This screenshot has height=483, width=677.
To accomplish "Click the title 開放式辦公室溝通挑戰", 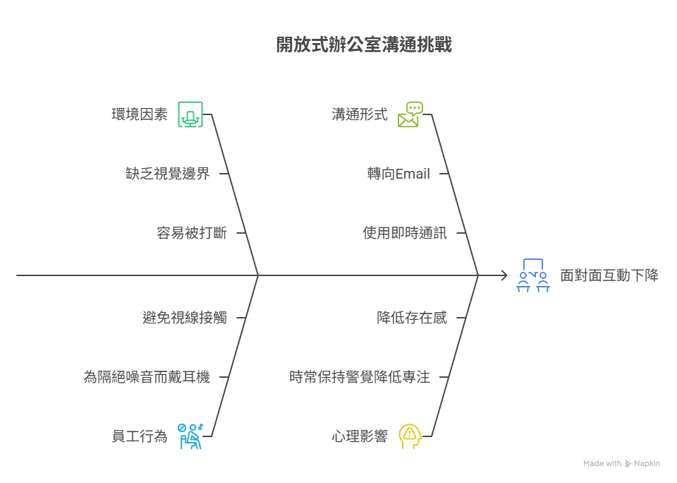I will (363, 45).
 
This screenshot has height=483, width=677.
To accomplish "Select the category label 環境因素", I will (140, 114).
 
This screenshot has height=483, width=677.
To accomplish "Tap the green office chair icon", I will (190, 114).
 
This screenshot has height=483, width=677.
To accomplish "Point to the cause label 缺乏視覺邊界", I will (167, 174).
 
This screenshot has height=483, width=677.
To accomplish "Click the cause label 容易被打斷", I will (191, 233).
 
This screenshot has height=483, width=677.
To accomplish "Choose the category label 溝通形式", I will (360, 114).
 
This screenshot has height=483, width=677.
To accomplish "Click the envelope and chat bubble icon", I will (410, 114).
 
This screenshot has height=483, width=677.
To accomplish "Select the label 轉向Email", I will (398, 174).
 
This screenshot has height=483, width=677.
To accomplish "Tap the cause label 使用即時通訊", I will (405, 233).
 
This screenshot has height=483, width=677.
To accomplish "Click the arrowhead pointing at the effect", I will (503, 275).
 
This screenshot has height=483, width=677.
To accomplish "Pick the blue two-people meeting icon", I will (533, 275).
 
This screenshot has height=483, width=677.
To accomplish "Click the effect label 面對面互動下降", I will (609, 275).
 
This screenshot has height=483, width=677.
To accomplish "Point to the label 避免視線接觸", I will (185, 318).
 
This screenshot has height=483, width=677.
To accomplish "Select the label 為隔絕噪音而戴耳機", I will (147, 377).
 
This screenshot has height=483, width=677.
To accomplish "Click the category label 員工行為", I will (140, 436).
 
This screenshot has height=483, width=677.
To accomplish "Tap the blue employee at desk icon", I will (190, 436).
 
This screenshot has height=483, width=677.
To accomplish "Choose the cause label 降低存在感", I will (412, 318).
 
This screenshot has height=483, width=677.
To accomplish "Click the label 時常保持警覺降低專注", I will (360, 377).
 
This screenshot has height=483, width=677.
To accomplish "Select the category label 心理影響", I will (360, 436).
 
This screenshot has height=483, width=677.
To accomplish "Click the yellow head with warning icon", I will (410, 436).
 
